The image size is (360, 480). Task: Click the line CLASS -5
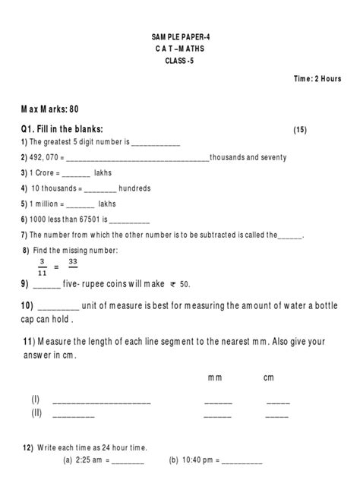coord(179,62)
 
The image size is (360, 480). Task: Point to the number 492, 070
coord(45,157)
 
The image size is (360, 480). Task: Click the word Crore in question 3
coord(46,173)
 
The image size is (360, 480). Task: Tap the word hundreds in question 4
coord(135,188)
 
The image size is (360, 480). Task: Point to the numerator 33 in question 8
coord(73,261)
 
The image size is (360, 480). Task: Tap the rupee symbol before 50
coord(173,285)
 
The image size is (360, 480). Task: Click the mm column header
coord(215,377)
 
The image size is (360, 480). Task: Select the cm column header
coord(269,377)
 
